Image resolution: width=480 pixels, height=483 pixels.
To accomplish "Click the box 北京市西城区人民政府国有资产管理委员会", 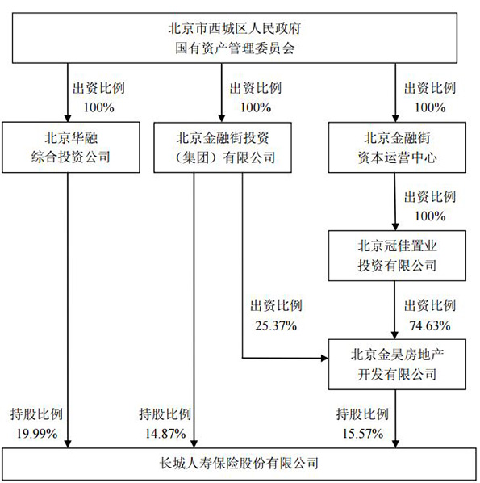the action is pyautogui.click(x=235, y=38).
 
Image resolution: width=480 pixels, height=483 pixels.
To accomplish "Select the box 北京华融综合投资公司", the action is pyautogui.click(x=71, y=147).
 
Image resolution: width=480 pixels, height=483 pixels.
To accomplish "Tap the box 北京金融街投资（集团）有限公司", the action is pyautogui.click(x=223, y=147).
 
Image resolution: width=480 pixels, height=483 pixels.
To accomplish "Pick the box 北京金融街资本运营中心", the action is pyautogui.click(x=397, y=147).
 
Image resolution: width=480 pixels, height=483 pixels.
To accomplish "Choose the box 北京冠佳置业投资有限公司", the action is pyautogui.click(x=397, y=256).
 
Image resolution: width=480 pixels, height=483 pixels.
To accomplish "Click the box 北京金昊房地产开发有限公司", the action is pyautogui.click(x=397, y=364).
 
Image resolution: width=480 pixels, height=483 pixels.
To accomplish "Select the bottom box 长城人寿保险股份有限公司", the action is pyautogui.click(x=239, y=464).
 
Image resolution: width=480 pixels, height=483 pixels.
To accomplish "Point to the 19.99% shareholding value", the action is pyautogui.click(x=37, y=434).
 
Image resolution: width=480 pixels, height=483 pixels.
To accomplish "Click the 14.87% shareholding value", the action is pyautogui.click(x=165, y=434).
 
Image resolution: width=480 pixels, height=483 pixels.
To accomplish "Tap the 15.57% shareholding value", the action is pyautogui.click(x=363, y=434).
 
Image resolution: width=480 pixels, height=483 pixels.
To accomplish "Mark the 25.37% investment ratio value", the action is pyautogui.click(x=276, y=325).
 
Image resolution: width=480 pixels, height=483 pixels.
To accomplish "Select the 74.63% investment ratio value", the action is pyautogui.click(x=430, y=325).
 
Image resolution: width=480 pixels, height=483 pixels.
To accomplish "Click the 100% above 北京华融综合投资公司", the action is pyautogui.click(x=98, y=107).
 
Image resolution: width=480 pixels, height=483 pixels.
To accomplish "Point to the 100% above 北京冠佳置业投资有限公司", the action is pyautogui.click(x=430, y=216).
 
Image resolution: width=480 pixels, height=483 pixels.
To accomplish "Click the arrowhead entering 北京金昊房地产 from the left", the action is pyautogui.click(x=324, y=358).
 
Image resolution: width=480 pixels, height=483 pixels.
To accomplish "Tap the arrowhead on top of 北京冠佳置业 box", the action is pyautogui.click(x=395, y=227).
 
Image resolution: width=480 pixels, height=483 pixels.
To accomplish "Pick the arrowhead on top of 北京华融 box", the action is pyautogui.click(x=68, y=118).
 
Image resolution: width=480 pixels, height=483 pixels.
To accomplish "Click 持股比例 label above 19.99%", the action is pyautogui.click(x=36, y=414).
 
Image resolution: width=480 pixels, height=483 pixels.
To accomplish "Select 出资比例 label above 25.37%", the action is pyautogui.click(x=276, y=306).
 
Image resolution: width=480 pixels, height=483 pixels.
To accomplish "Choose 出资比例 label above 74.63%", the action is pyautogui.click(x=430, y=306).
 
